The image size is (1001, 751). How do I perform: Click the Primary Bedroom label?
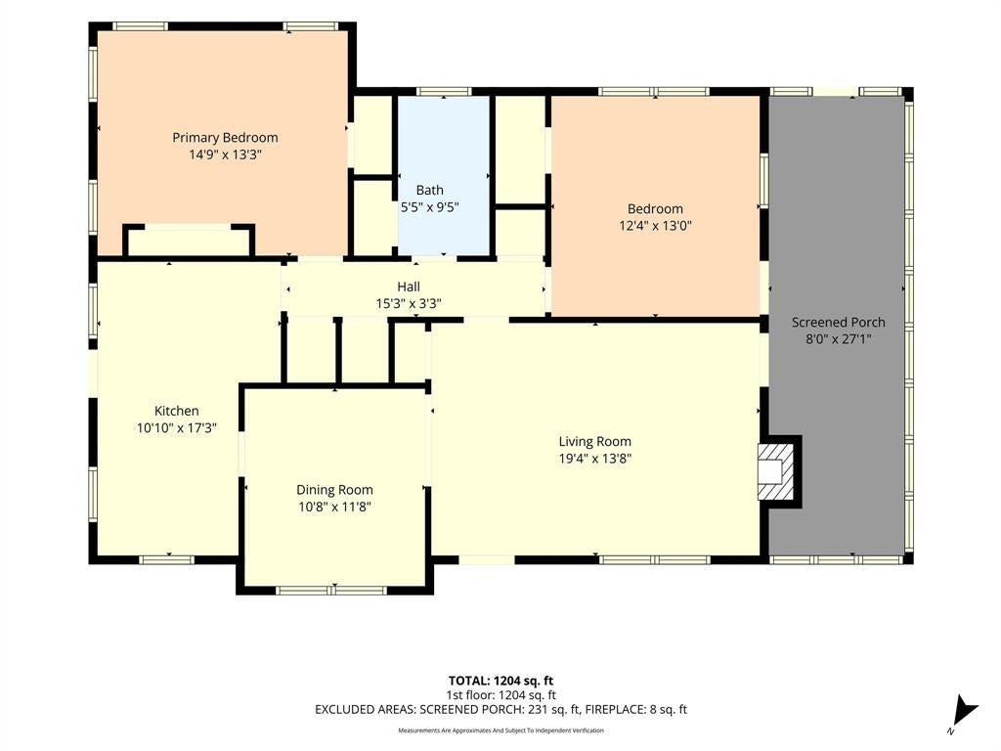[225, 137]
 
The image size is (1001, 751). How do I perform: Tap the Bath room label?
[430, 190]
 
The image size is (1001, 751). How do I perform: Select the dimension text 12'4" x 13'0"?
[655, 226]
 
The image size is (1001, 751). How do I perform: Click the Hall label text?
[409, 287]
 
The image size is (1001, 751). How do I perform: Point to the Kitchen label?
[177, 411]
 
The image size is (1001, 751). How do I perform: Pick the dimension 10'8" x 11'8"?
[334, 508]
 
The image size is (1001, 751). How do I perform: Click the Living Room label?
[595, 441]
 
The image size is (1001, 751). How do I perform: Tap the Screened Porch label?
[838, 323]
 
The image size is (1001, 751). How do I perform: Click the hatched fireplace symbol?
[776, 472]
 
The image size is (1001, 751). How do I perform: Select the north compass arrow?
[965, 712]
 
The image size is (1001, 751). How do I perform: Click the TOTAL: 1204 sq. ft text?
[500, 681]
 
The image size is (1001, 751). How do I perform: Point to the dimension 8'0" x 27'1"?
[838, 339]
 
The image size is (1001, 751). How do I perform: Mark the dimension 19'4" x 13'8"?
[595, 458]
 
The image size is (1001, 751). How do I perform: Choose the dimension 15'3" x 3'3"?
[409, 303]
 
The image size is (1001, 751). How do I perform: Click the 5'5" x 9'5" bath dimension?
[430, 207]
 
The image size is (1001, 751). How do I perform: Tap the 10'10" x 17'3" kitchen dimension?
[177, 428]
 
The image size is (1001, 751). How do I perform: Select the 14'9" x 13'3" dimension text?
[225, 155]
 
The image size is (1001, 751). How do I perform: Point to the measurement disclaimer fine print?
[500, 729]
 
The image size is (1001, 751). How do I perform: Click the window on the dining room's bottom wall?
[332, 590]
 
